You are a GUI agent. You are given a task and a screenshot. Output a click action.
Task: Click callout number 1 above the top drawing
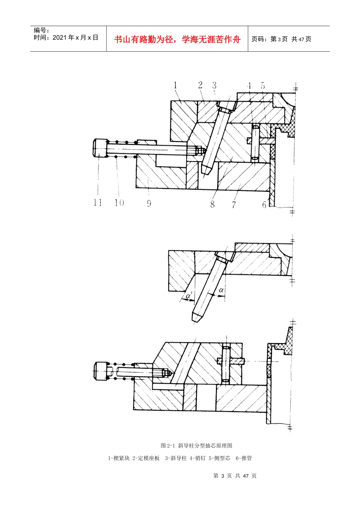click(x=175, y=85)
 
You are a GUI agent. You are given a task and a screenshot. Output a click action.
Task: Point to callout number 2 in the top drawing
click(x=200, y=85)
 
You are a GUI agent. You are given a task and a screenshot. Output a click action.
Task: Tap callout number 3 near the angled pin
click(x=214, y=85)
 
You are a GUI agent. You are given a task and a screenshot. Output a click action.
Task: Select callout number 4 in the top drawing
click(x=249, y=86)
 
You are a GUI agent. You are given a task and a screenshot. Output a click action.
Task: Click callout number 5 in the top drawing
click(x=263, y=86)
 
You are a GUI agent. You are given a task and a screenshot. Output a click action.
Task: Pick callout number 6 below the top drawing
click(x=264, y=205)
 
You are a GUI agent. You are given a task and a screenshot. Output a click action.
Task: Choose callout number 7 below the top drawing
click(x=234, y=205)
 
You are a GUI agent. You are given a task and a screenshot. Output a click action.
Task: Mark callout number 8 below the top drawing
click(x=213, y=205)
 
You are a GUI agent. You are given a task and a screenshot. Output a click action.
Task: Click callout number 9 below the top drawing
click(x=149, y=203)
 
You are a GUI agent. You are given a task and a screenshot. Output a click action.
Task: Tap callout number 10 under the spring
click(x=119, y=203)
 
